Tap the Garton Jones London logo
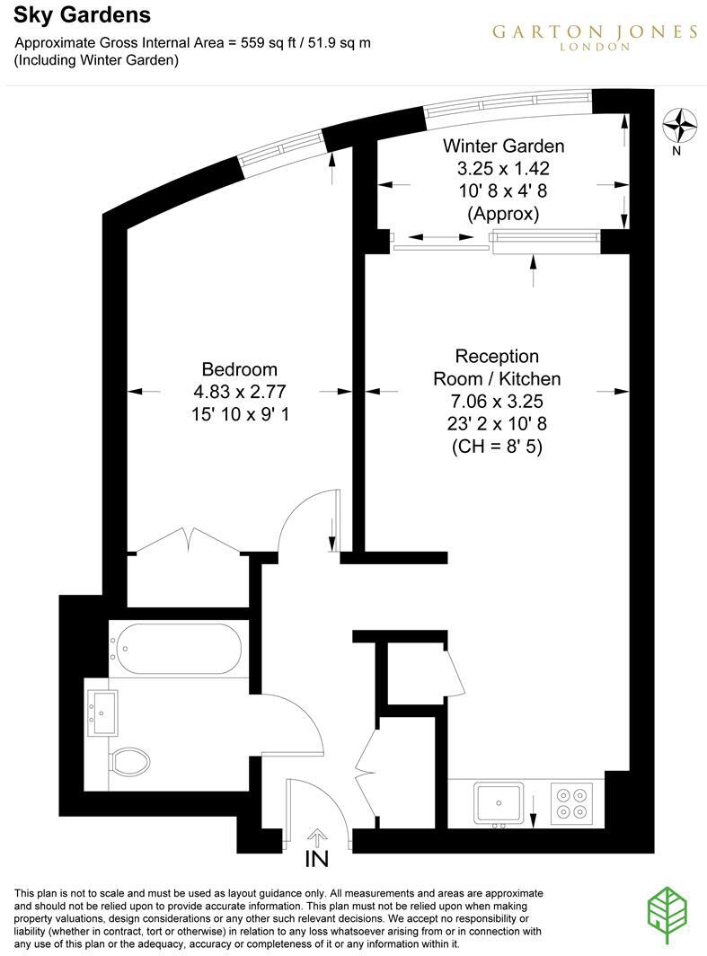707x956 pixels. click(x=595, y=36)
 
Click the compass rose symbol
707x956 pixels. click(x=682, y=125)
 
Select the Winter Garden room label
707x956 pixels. click(x=503, y=146)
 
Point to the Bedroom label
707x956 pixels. click(x=239, y=369)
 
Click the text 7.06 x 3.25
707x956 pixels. click(x=497, y=401)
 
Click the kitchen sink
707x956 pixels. click(x=499, y=801)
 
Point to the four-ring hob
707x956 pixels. click(x=572, y=802)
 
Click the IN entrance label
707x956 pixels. click(x=316, y=860)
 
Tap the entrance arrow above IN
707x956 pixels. click(x=316, y=837)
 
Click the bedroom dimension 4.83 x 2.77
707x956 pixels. click(x=239, y=392)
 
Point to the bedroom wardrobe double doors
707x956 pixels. click(x=188, y=542)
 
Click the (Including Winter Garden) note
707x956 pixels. click(x=96, y=60)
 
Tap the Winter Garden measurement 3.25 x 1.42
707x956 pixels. click(x=503, y=169)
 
